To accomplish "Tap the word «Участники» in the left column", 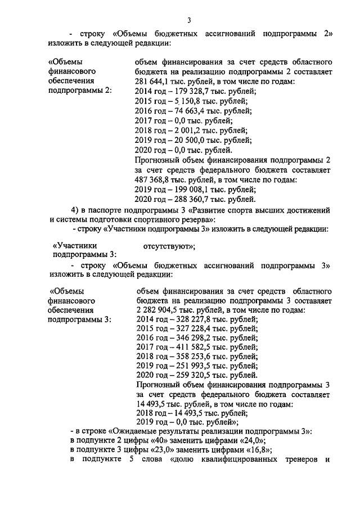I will tap(74, 246).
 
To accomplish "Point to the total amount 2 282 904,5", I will tap(155, 310).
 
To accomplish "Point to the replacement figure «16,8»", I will tap(261, 450).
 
